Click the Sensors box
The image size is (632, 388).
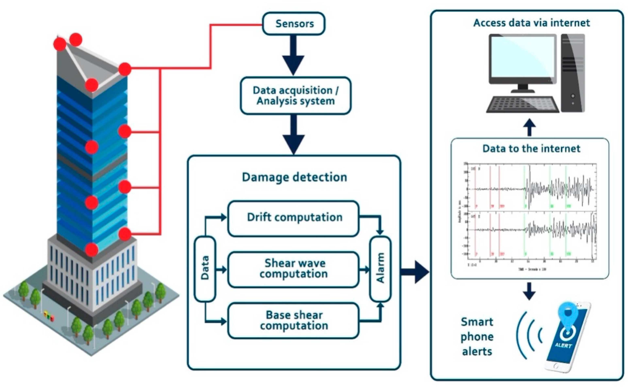[294, 24]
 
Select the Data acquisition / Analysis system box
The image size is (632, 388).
[295, 96]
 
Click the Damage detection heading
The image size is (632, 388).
[294, 177]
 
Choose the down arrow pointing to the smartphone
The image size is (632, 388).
[529, 292]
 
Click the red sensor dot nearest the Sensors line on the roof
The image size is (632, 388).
[125, 69]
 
